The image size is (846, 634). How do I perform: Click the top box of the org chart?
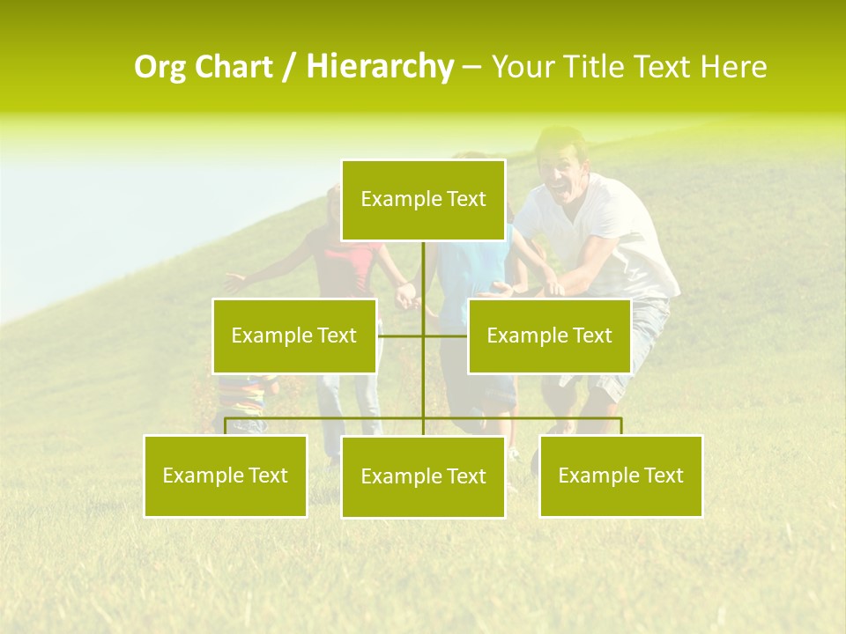[423, 200]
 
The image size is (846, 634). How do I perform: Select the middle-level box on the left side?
[294, 335]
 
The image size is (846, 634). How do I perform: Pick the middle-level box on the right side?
[549, 335]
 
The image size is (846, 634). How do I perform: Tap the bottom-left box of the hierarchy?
[226, 475]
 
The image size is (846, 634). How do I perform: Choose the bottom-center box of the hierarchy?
[423, 476]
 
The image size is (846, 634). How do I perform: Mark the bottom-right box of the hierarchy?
[621, 475]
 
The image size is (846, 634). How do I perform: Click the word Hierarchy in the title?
[380, 67]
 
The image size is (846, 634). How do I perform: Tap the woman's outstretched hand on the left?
[234, 282]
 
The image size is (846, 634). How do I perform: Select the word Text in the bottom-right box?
[664, 475]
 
